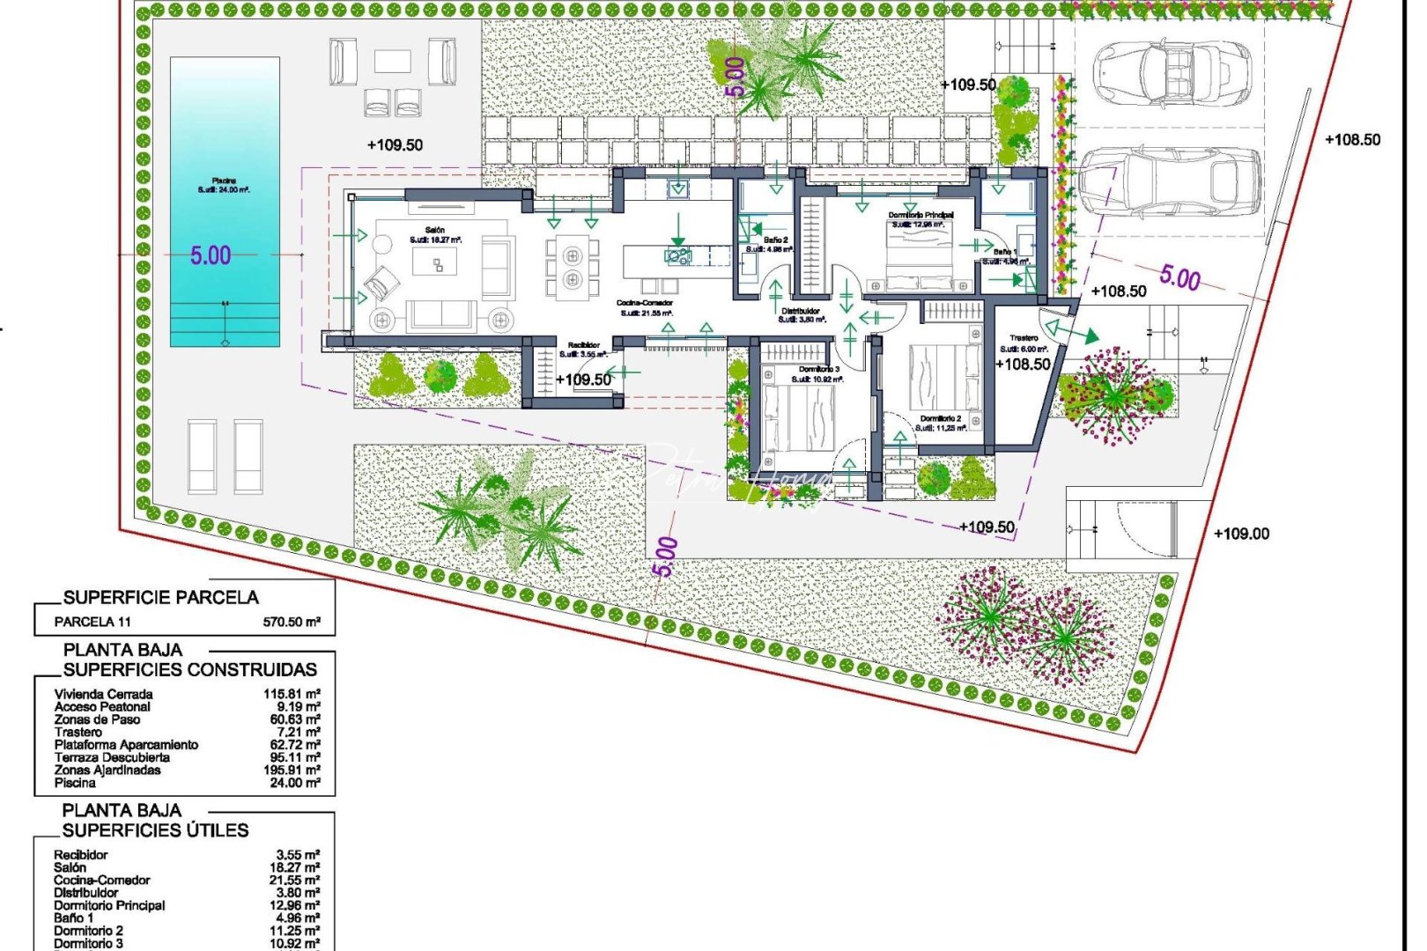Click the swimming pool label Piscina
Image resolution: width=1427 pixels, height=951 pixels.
click(x=224, y=181)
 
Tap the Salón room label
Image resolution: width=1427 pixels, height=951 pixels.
click(x=434, y=231)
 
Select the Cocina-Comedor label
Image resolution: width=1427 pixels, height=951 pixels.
click(x=645, y=304)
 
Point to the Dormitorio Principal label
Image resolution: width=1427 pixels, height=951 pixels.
click(x=921, y=215)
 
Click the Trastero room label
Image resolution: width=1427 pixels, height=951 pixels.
click(x=1024, y=338)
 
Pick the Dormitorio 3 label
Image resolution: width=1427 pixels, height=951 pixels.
click(x=819, y=369)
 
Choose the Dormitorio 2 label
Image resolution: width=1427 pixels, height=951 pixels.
click(x=940, y=419)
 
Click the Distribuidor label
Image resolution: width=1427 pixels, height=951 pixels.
click(x=801, y=312)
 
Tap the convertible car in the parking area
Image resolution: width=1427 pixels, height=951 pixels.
click(x=1171, y=72)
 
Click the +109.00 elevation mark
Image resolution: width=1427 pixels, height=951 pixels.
click(x=1241, y=534)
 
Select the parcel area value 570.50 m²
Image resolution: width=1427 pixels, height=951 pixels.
click(x=292, y=622)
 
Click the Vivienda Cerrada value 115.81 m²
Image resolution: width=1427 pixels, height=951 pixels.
click(x=292, y=694)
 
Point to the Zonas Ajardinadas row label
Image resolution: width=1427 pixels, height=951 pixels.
click(x=107, y=770)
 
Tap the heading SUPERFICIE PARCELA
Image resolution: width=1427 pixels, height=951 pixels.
click(x=161, y=598)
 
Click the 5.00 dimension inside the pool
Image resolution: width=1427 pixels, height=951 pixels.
click(x=211, y=256)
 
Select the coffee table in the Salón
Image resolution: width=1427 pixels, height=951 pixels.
click(x=435, y=262)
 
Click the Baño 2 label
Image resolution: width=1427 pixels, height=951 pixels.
click(x=775, y=240)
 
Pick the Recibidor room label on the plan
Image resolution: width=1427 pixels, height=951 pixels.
click(x=583, y=345)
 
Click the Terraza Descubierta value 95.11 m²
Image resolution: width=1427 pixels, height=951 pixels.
click(x=292, y=757)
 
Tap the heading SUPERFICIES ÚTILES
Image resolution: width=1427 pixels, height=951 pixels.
click(x=156, y=830)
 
